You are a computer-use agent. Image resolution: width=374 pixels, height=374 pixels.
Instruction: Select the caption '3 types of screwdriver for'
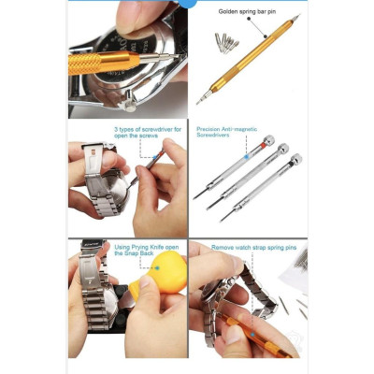(148, 129)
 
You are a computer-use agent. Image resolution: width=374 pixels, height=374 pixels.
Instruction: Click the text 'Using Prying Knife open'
(145, 246)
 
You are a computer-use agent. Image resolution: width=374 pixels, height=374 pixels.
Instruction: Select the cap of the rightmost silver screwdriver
(295, 160)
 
